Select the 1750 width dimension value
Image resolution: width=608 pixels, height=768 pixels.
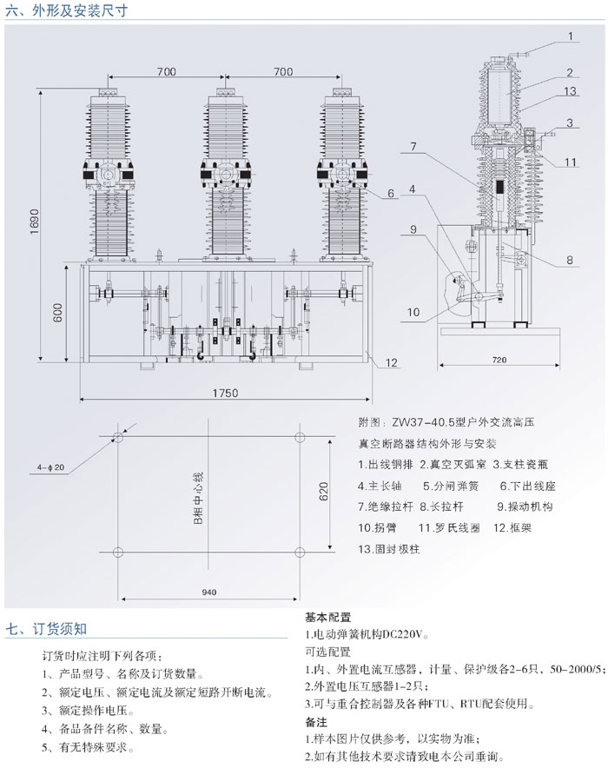click(224, 394)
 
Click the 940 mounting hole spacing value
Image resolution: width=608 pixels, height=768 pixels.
click(208, 593)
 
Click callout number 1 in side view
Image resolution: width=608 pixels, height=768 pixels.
click(571, 36)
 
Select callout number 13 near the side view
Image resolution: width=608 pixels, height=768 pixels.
click(570, 90)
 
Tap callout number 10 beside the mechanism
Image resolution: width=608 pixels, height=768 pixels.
click(413, 311)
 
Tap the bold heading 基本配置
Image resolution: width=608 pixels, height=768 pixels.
click(327, 618)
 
